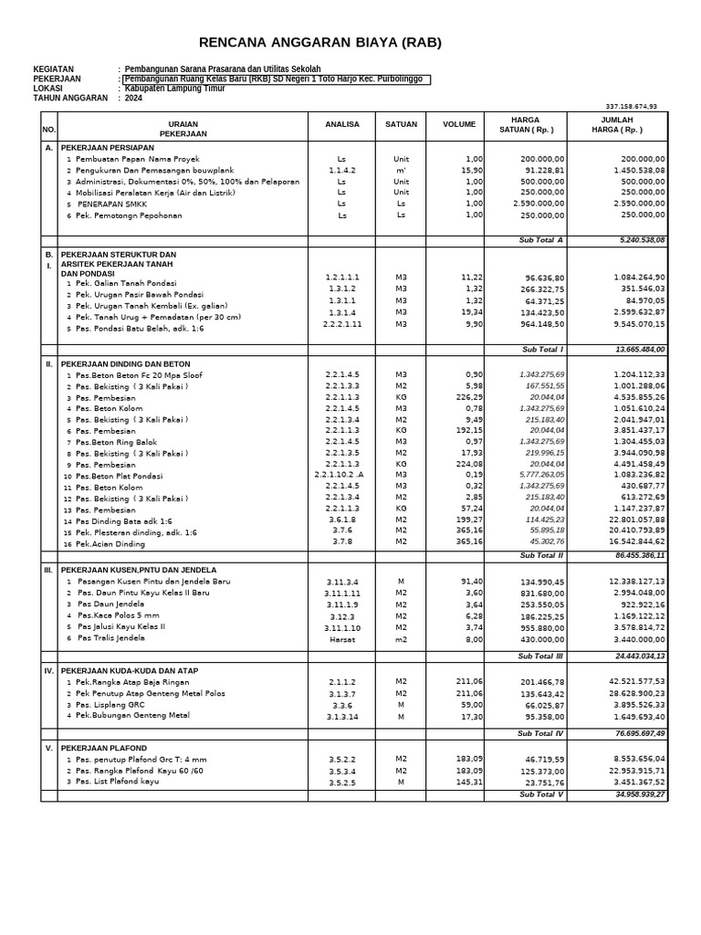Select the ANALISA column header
341,124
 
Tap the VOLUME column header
459,124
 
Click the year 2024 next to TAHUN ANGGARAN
133,98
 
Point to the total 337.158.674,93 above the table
631,106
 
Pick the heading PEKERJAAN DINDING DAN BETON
125,363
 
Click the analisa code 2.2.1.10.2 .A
340,476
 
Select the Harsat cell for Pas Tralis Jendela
341,639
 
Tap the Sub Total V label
542,794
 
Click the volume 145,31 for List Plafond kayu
468,782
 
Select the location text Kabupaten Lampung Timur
174,89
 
